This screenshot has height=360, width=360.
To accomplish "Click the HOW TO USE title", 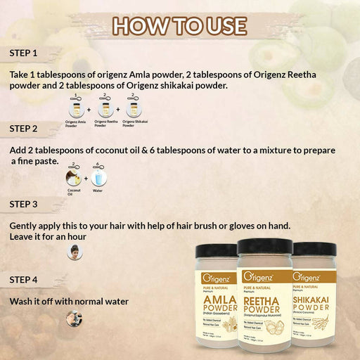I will [180, 26].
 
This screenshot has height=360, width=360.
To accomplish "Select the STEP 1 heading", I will [24, 53].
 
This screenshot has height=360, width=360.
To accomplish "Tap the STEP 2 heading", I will [24, 129].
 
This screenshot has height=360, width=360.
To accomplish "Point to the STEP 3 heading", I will [24, 204].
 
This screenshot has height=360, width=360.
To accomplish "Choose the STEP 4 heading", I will [24, 279].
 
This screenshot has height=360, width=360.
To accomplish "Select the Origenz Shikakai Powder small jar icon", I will [128, 110].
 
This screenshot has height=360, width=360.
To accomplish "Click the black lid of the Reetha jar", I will [265, 246].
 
